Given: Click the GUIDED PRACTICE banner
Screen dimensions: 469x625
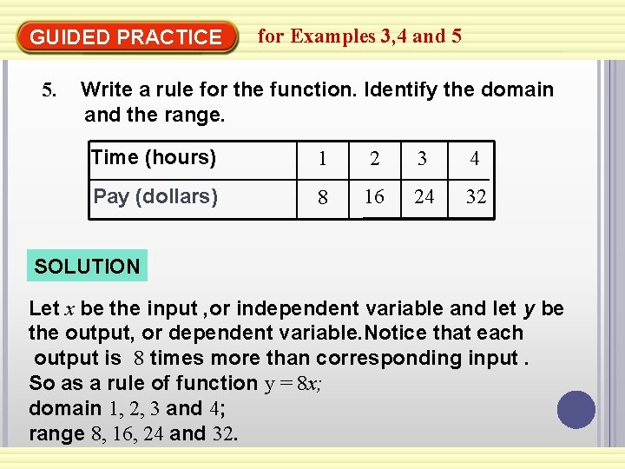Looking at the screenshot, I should (x=126, y=37).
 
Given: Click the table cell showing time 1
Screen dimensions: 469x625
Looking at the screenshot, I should (x=322, y=160).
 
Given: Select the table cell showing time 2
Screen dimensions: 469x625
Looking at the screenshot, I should (x=374, y=160).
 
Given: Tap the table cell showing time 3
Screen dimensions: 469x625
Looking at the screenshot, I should (x=423, y=160).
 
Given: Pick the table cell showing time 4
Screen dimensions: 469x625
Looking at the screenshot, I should (x=474, y=160).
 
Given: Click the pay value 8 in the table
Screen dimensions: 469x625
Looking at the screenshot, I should (x=323, y=198).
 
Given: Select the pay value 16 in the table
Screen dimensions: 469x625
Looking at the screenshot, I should (x=374, y=197).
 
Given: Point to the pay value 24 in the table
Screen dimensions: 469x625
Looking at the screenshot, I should (x=424, y=197).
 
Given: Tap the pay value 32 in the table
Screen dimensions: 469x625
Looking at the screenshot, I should (x=476, y=197).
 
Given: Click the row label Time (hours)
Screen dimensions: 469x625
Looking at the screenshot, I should (x=154, y=157).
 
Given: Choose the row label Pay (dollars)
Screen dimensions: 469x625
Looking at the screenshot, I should (x=155, y=196).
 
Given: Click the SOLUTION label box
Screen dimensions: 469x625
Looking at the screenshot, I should (x=87, y=267).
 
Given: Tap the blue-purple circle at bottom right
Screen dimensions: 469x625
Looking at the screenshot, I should (x=576, y=409).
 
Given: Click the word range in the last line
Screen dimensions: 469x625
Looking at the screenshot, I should (x=56, y=433).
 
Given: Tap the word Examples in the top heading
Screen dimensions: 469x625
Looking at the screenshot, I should (x=332, y=36).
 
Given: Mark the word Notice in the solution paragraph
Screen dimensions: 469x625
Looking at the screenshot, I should (x=398, y=333).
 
